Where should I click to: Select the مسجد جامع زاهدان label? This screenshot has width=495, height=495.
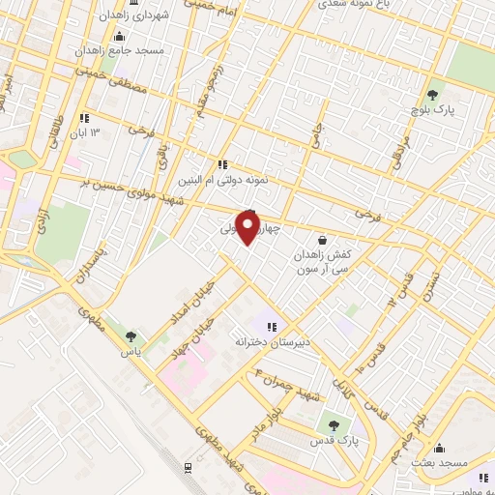point(123,49)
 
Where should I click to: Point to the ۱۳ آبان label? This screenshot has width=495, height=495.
point(109,131)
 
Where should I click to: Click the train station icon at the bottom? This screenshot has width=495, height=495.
point(187,467)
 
